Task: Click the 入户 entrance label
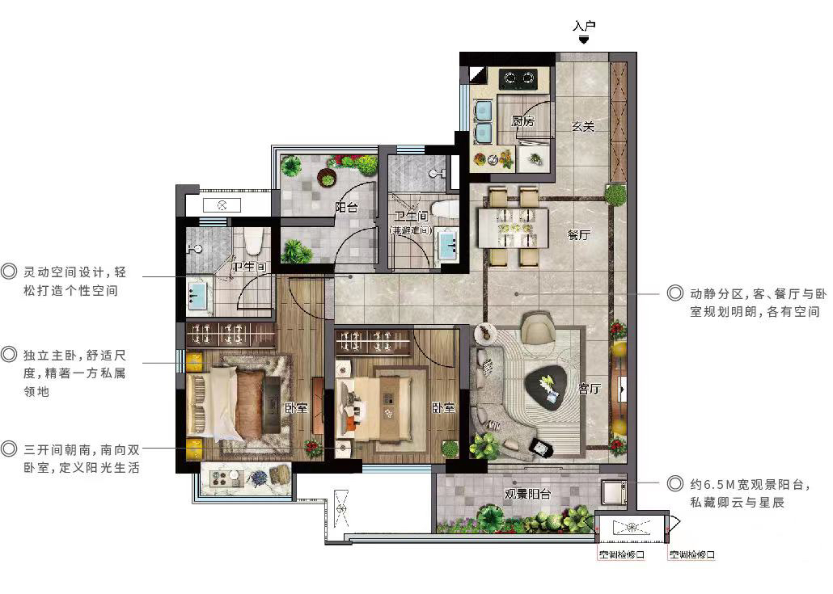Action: pyautogui.click(x=584, y=26)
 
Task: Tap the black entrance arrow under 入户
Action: pyautogui.click(x=584, y=40)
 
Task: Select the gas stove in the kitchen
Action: pyautogui.click(x=518, y=79)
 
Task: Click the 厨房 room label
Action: pyautogui.click(x=522, y=121)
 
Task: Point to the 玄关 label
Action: pyautogui.click(x=583, y=126)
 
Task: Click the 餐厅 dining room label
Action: pyautogui.click(x=578, y=234)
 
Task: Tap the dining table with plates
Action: pyautogui.click(x=513, y=228)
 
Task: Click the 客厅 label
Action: pyautogui.click(x=589, y=389)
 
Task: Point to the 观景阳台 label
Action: pyautogui.click(x=527, y=495)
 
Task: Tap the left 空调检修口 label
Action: pyautogui.click(x=622, y=554)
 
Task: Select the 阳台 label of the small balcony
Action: pyautogui.click(x=346, y=207)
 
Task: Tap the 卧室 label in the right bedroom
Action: pyautogui.click(x=443, y=407)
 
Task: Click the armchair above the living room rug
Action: pyautogui.click(x=538, y=327)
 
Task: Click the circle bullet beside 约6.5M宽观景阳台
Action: pyautogui.click(x=674, y=483)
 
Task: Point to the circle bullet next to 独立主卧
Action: pyautogui.click(x=9, y=354)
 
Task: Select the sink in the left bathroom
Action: pyautogui.click(x=197, y=296)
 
